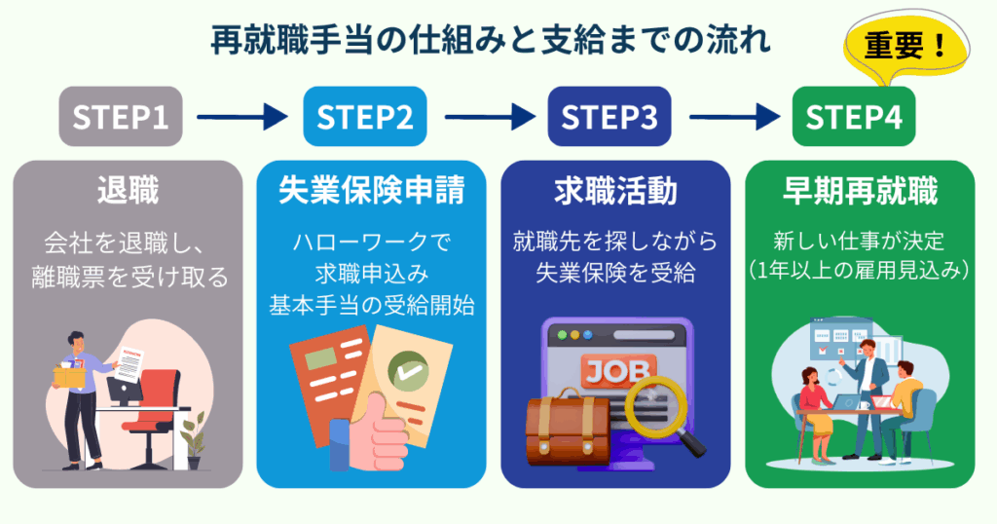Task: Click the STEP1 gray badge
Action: click(x=121, y=118)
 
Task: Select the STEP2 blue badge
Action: click(x=365, y=118)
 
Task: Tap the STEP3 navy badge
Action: click(x=609, y=118)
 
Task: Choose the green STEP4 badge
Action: click(x=854, y=118)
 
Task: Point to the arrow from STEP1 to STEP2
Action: click(x=242, y=118)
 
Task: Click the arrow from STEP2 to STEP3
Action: click(x=488, y=118)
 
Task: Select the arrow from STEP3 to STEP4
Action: click(x=732, y=118)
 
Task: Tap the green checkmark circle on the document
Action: click(x=407, y=370)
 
